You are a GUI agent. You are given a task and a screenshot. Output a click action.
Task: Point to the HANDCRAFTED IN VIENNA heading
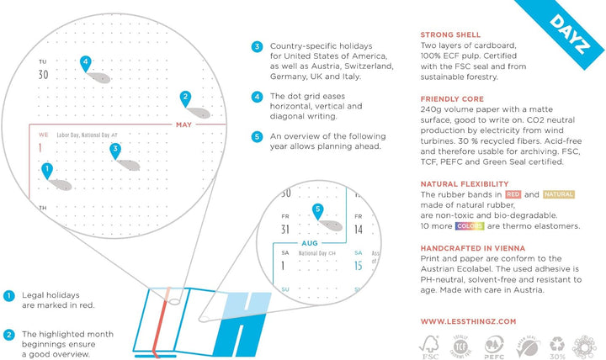point(472,247)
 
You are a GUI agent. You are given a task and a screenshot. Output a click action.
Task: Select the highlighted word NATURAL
point(559,194)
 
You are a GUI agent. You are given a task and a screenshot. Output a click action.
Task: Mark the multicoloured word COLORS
point(468,225)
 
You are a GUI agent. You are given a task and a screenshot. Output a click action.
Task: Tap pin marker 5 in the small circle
point(317,210)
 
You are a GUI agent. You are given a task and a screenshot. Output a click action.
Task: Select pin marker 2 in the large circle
point(185,99)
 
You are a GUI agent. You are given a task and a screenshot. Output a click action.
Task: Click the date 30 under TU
point(44,75)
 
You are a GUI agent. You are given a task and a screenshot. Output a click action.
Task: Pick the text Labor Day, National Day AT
point(93,135)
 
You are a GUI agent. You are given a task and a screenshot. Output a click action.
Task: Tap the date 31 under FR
point(284,229)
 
